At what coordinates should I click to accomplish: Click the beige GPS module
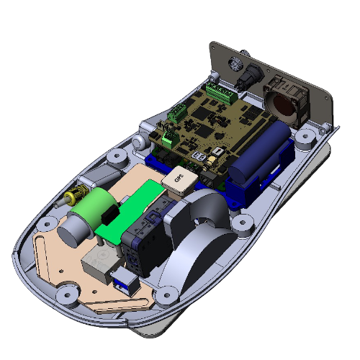[177, 179]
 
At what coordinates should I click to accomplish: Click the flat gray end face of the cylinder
[72, 232]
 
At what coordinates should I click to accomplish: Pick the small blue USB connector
[126, 282]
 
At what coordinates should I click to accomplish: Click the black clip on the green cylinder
[109, 216]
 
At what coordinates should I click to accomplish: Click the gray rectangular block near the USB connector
[99, 265]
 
